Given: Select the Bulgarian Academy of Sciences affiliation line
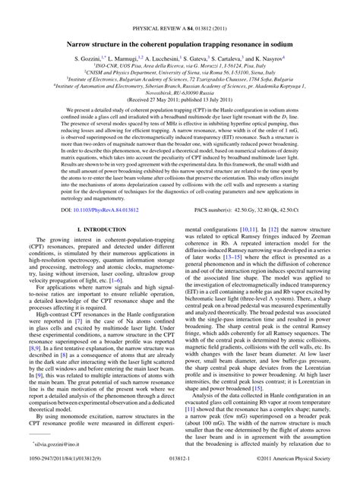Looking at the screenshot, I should [180, 64].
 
